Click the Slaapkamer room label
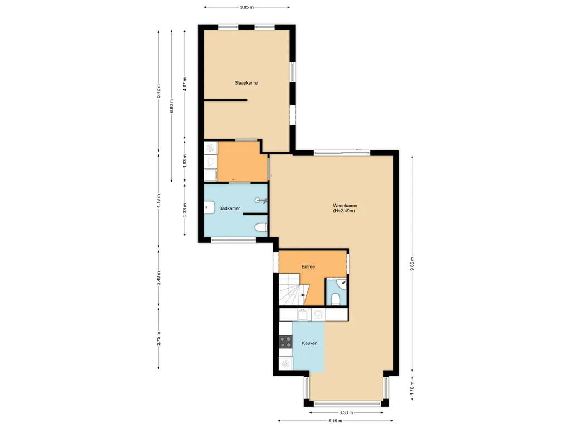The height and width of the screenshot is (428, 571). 246,82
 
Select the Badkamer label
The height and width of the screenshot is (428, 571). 230,208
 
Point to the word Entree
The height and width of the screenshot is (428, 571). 308,267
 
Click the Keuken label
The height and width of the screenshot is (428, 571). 309,343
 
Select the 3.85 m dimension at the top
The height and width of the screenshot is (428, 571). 246,7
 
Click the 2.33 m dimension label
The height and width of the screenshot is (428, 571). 185,210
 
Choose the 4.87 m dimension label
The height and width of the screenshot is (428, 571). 185,84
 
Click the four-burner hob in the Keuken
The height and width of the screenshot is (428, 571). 285,342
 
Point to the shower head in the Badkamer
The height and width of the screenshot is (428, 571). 258,200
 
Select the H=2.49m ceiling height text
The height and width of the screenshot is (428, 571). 343,211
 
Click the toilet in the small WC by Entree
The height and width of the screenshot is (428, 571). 335,300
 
